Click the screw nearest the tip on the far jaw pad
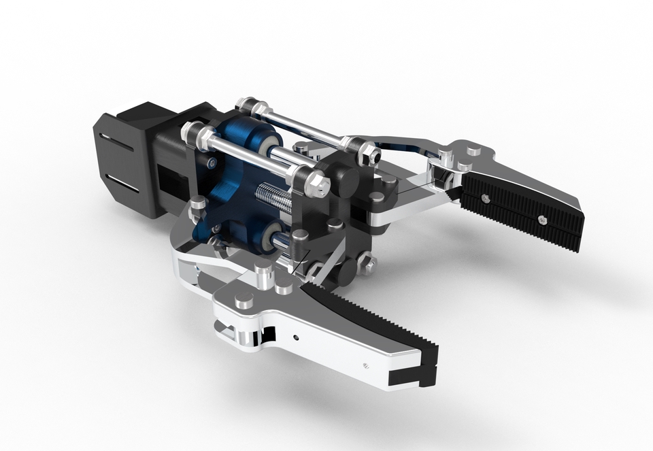pyautogui.click(x=541, y=219)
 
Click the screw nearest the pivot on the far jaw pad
pyautogui.click(x=484, y=199)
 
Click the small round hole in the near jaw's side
pyautogui.click(x=296, y=336)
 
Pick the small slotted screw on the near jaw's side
pyautogui.click(x=366, y=365)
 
